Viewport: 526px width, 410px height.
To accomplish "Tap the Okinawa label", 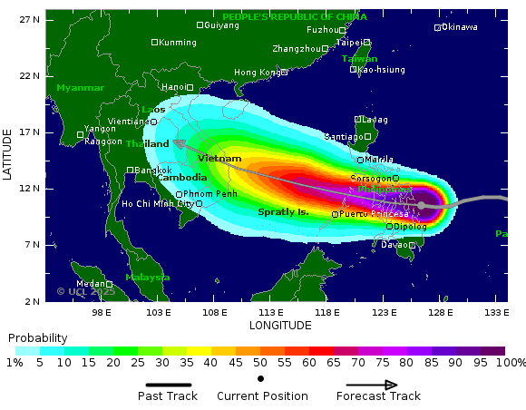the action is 459,27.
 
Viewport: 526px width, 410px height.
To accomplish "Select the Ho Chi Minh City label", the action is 158,204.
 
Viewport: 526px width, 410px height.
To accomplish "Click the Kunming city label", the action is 177,43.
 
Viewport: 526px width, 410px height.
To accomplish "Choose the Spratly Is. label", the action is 284,211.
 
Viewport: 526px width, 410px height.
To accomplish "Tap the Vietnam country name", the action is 219,159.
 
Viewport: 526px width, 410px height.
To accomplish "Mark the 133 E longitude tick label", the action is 495,313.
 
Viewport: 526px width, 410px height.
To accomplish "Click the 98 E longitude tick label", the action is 101,313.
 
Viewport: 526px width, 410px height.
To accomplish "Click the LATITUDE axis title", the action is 8,154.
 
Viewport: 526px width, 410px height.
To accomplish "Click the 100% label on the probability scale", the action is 511,363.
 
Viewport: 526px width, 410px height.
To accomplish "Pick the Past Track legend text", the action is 167,396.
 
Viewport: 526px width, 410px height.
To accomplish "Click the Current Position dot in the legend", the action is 261,378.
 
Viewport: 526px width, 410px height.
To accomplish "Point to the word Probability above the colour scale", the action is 37,337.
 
